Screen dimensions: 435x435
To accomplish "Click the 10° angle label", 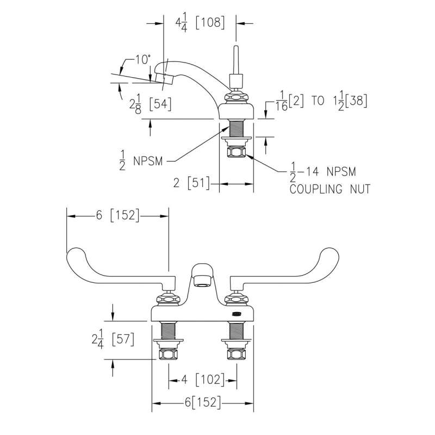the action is (x=143, y=60).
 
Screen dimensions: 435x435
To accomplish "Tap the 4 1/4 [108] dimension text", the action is (x=200, y=23).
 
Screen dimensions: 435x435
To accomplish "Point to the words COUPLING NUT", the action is (x=330, y=189).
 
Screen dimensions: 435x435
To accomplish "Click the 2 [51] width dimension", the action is (x=191, y=183).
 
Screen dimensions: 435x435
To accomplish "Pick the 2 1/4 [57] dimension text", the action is (x=113, y=339).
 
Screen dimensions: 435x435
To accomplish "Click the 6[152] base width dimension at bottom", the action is (x=203, y=403).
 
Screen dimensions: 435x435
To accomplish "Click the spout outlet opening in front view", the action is (x=202, y=281).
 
